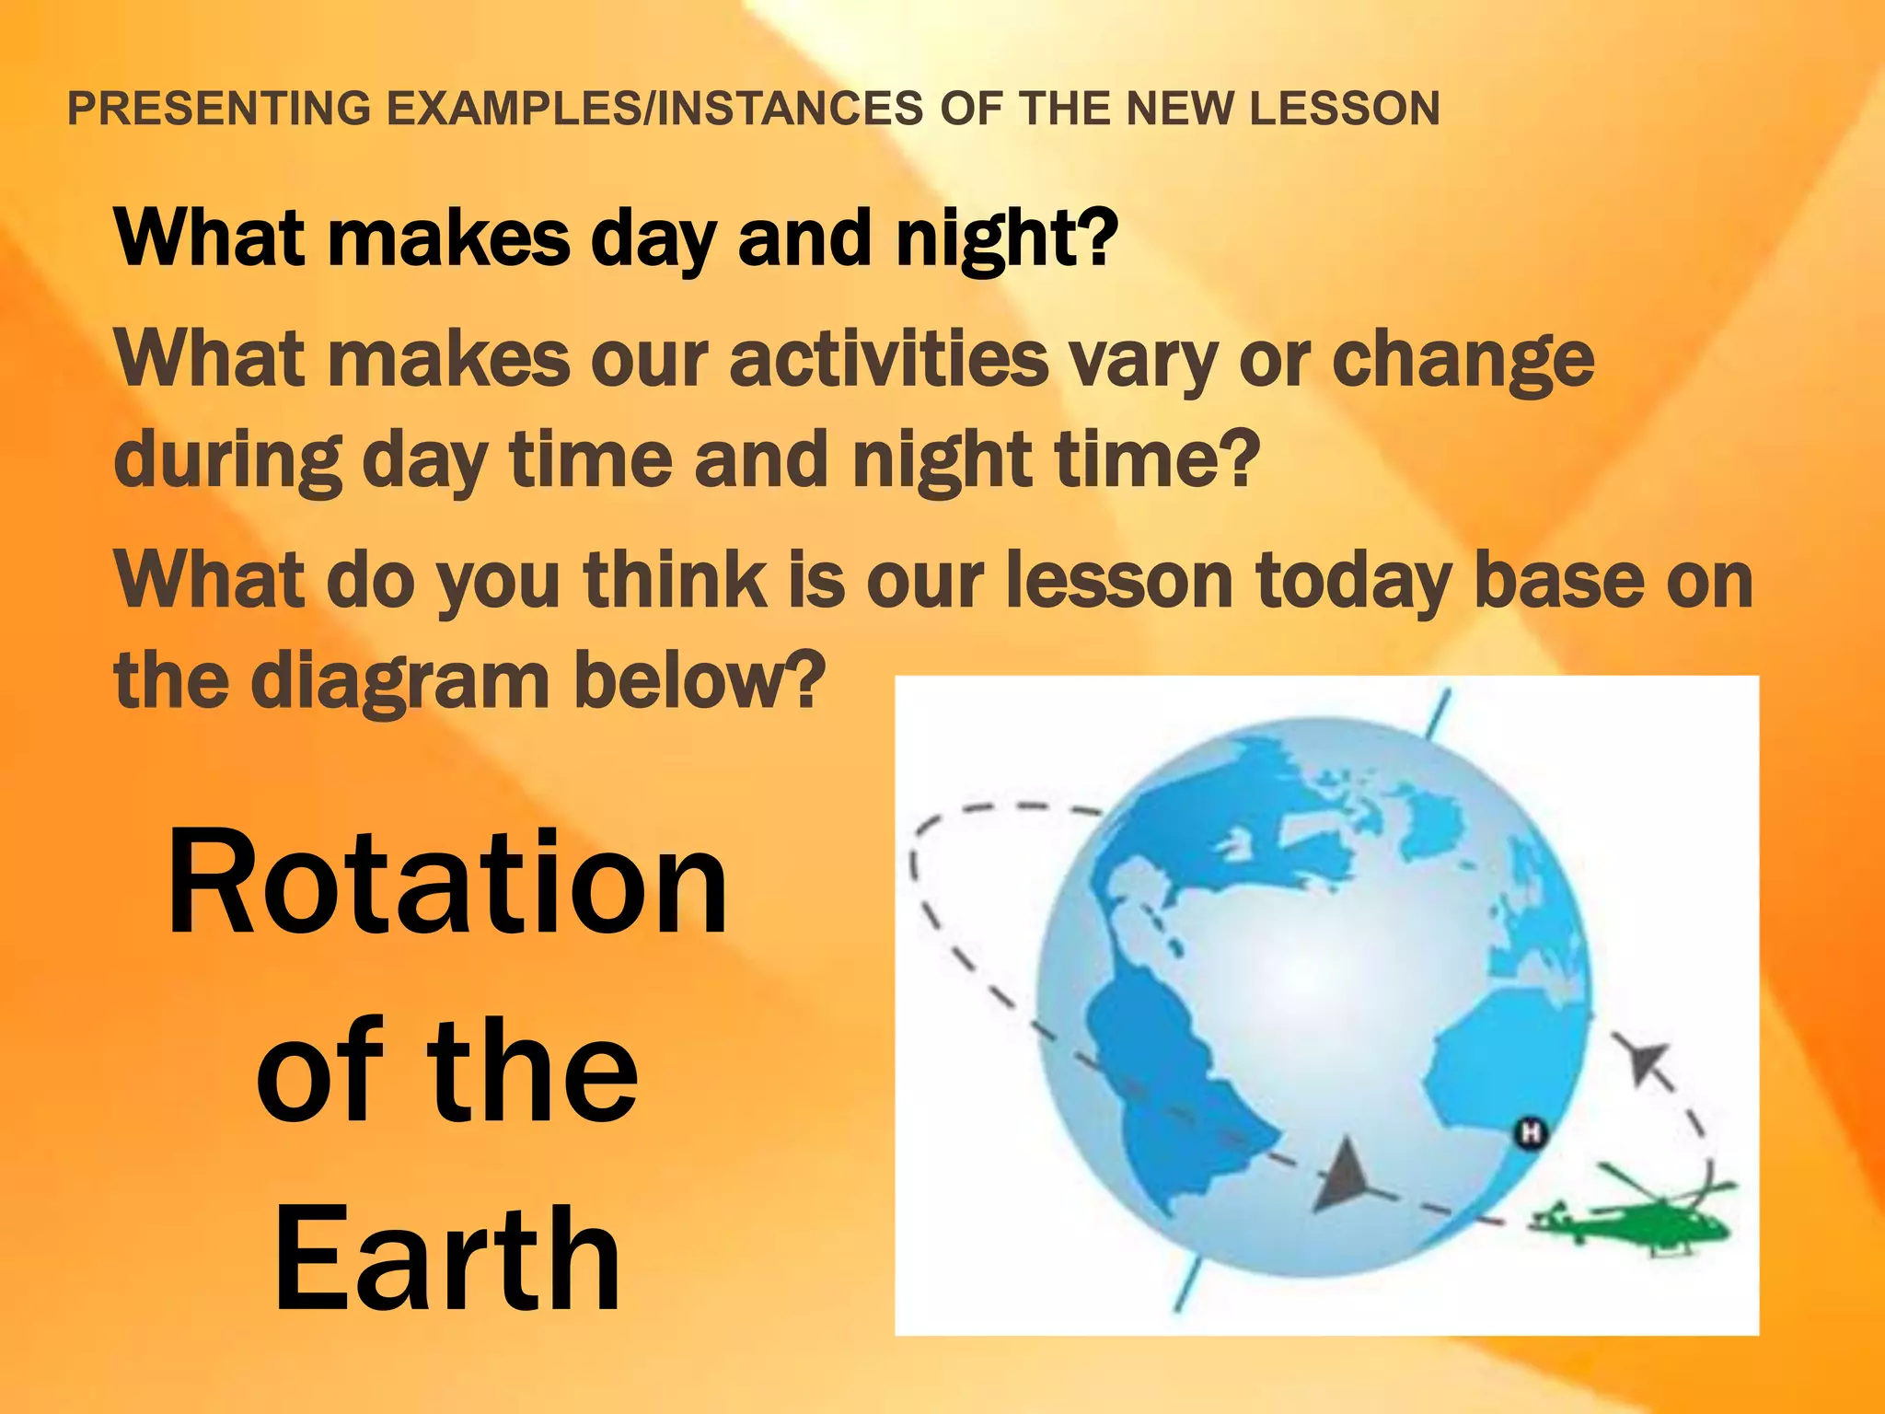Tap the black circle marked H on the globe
[x=1531, y=1131]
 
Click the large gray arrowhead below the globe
[x=1344, y=1177]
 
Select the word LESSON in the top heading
[x=1344, y=109]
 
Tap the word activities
[x=888, y=359]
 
